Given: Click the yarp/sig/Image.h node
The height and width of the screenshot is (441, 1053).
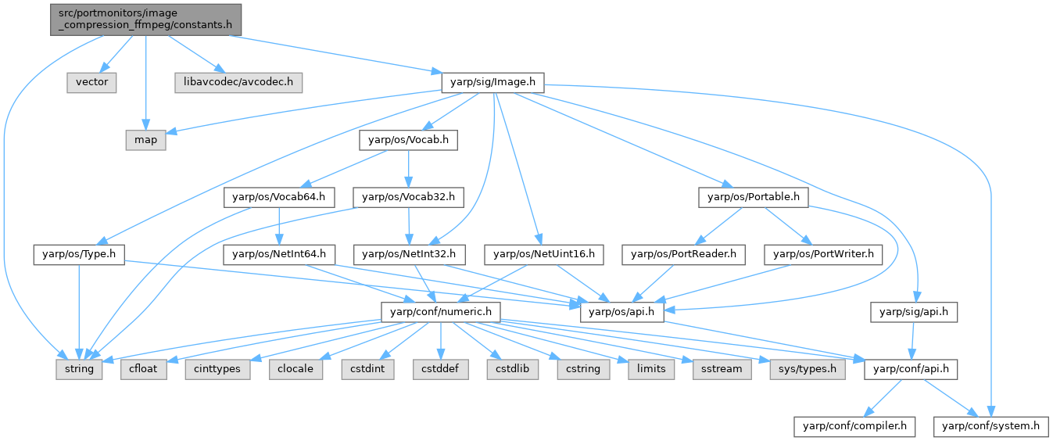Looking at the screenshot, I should click(x=492, y=82).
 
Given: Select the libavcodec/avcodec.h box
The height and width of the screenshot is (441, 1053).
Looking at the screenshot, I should click(x=238, y=82).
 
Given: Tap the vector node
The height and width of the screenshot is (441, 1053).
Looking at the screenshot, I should click(x=91, y=82).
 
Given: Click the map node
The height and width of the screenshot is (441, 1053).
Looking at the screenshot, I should click(x=145, y=140).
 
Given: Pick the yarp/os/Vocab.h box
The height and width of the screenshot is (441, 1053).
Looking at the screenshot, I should click(x=409, y=140).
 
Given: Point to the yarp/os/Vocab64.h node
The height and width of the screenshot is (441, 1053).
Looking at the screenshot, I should click(x=269, y=197).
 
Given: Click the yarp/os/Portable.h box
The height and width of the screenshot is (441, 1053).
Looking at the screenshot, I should click(x=752, y=197).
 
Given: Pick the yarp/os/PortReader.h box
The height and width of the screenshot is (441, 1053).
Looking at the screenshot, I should click(x=683, y=254).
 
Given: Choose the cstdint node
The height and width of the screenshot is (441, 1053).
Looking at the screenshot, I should click(x=365, y=368).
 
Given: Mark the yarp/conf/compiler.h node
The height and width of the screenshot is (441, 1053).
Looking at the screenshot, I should click(x=855, y=426).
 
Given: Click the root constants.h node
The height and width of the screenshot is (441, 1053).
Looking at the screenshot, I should click(x=146, y=19).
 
